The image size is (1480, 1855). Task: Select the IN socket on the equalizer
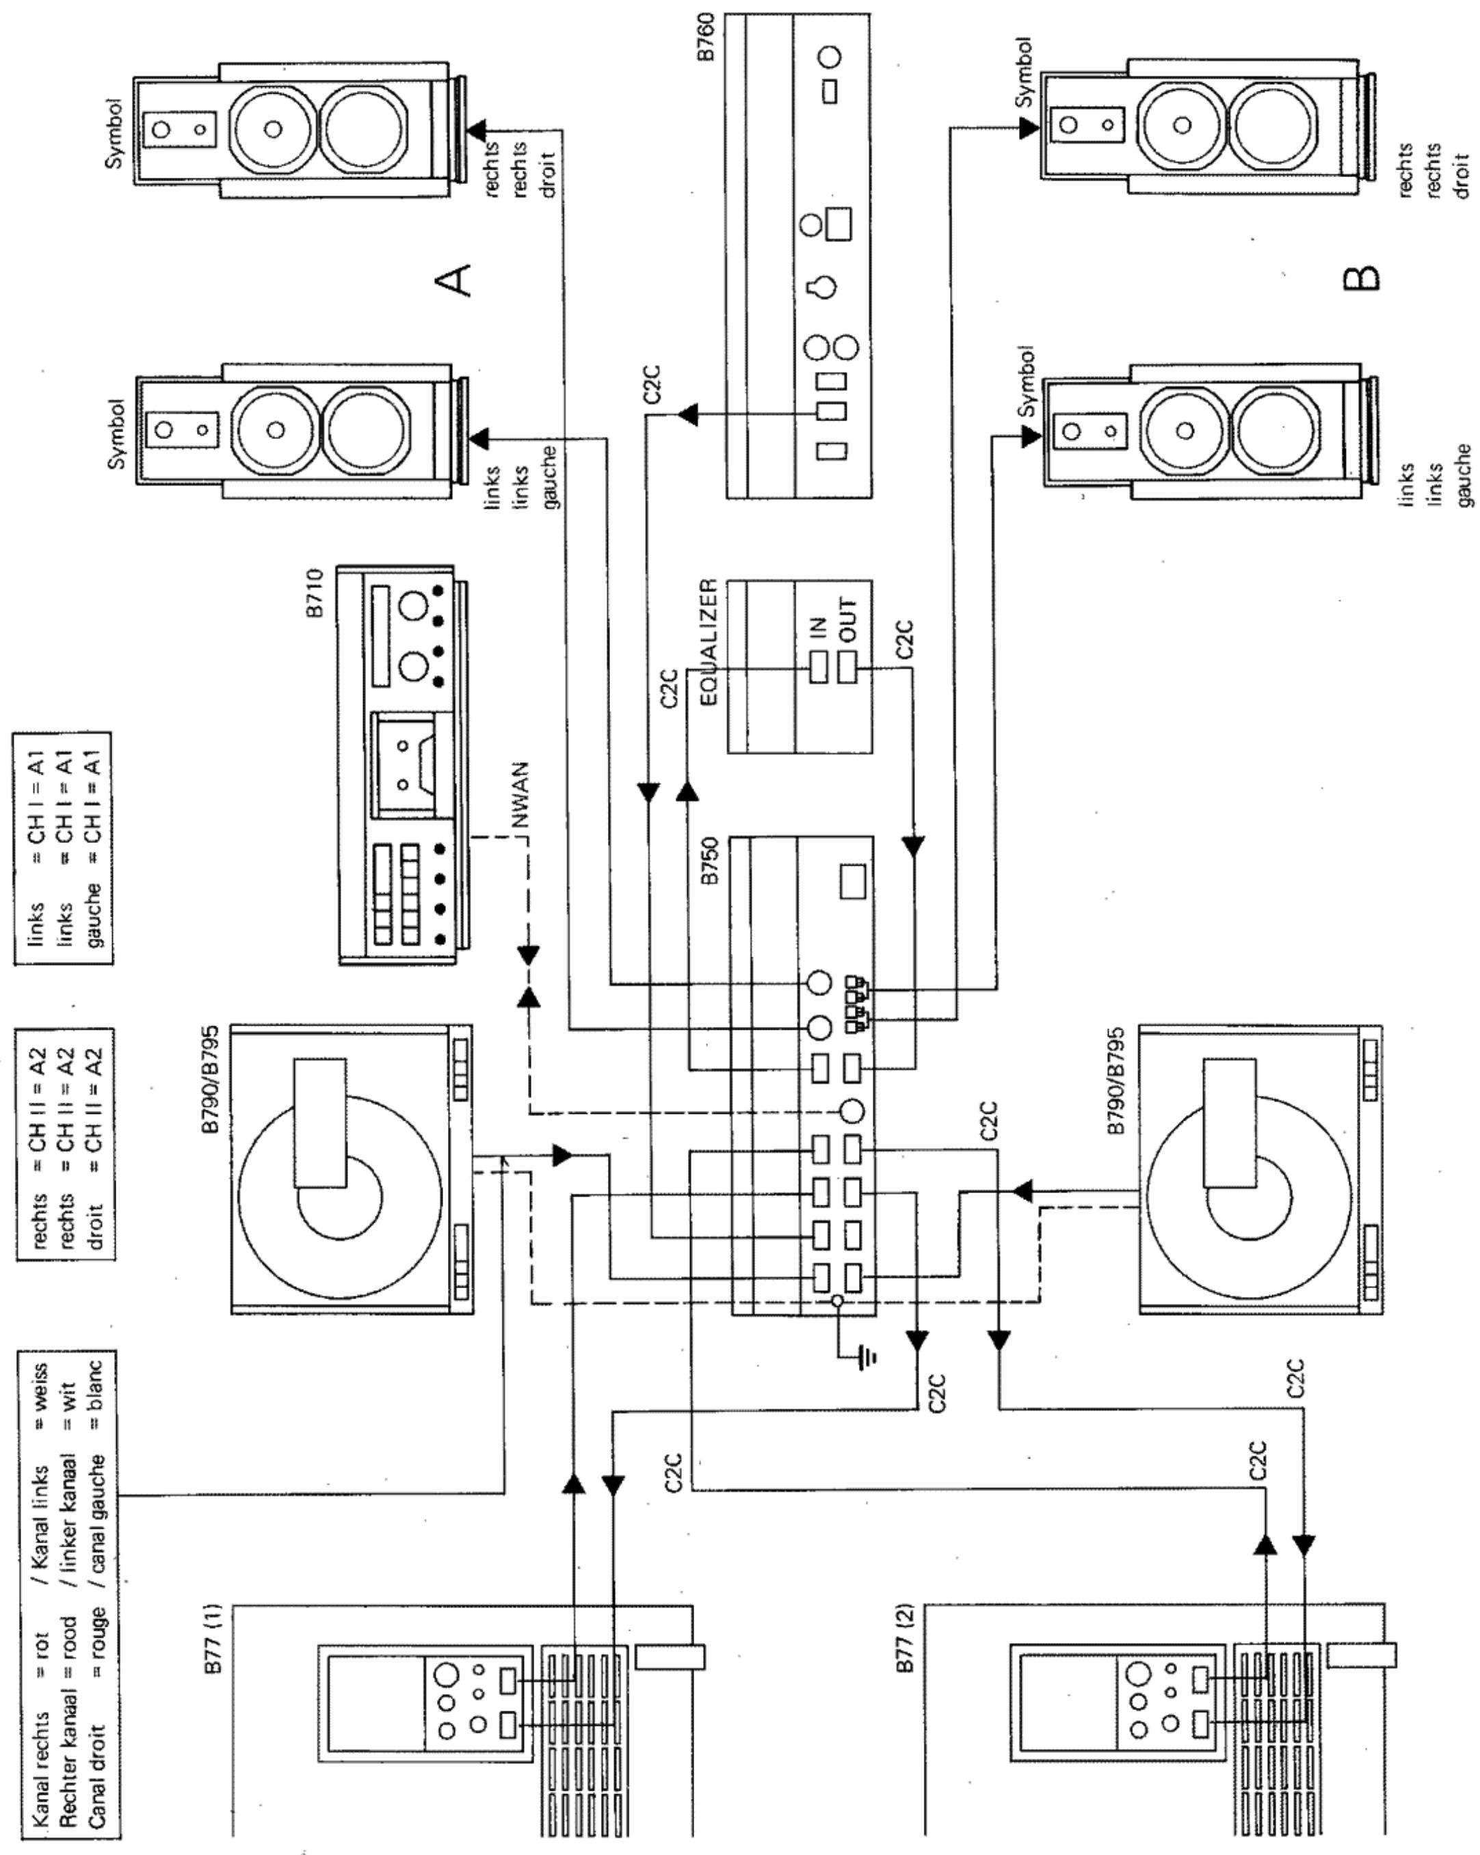point(819,667)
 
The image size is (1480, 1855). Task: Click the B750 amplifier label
point(708,864)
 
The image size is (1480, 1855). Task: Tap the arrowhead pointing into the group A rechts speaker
point(476,130)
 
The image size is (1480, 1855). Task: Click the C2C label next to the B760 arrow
point(652,384)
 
